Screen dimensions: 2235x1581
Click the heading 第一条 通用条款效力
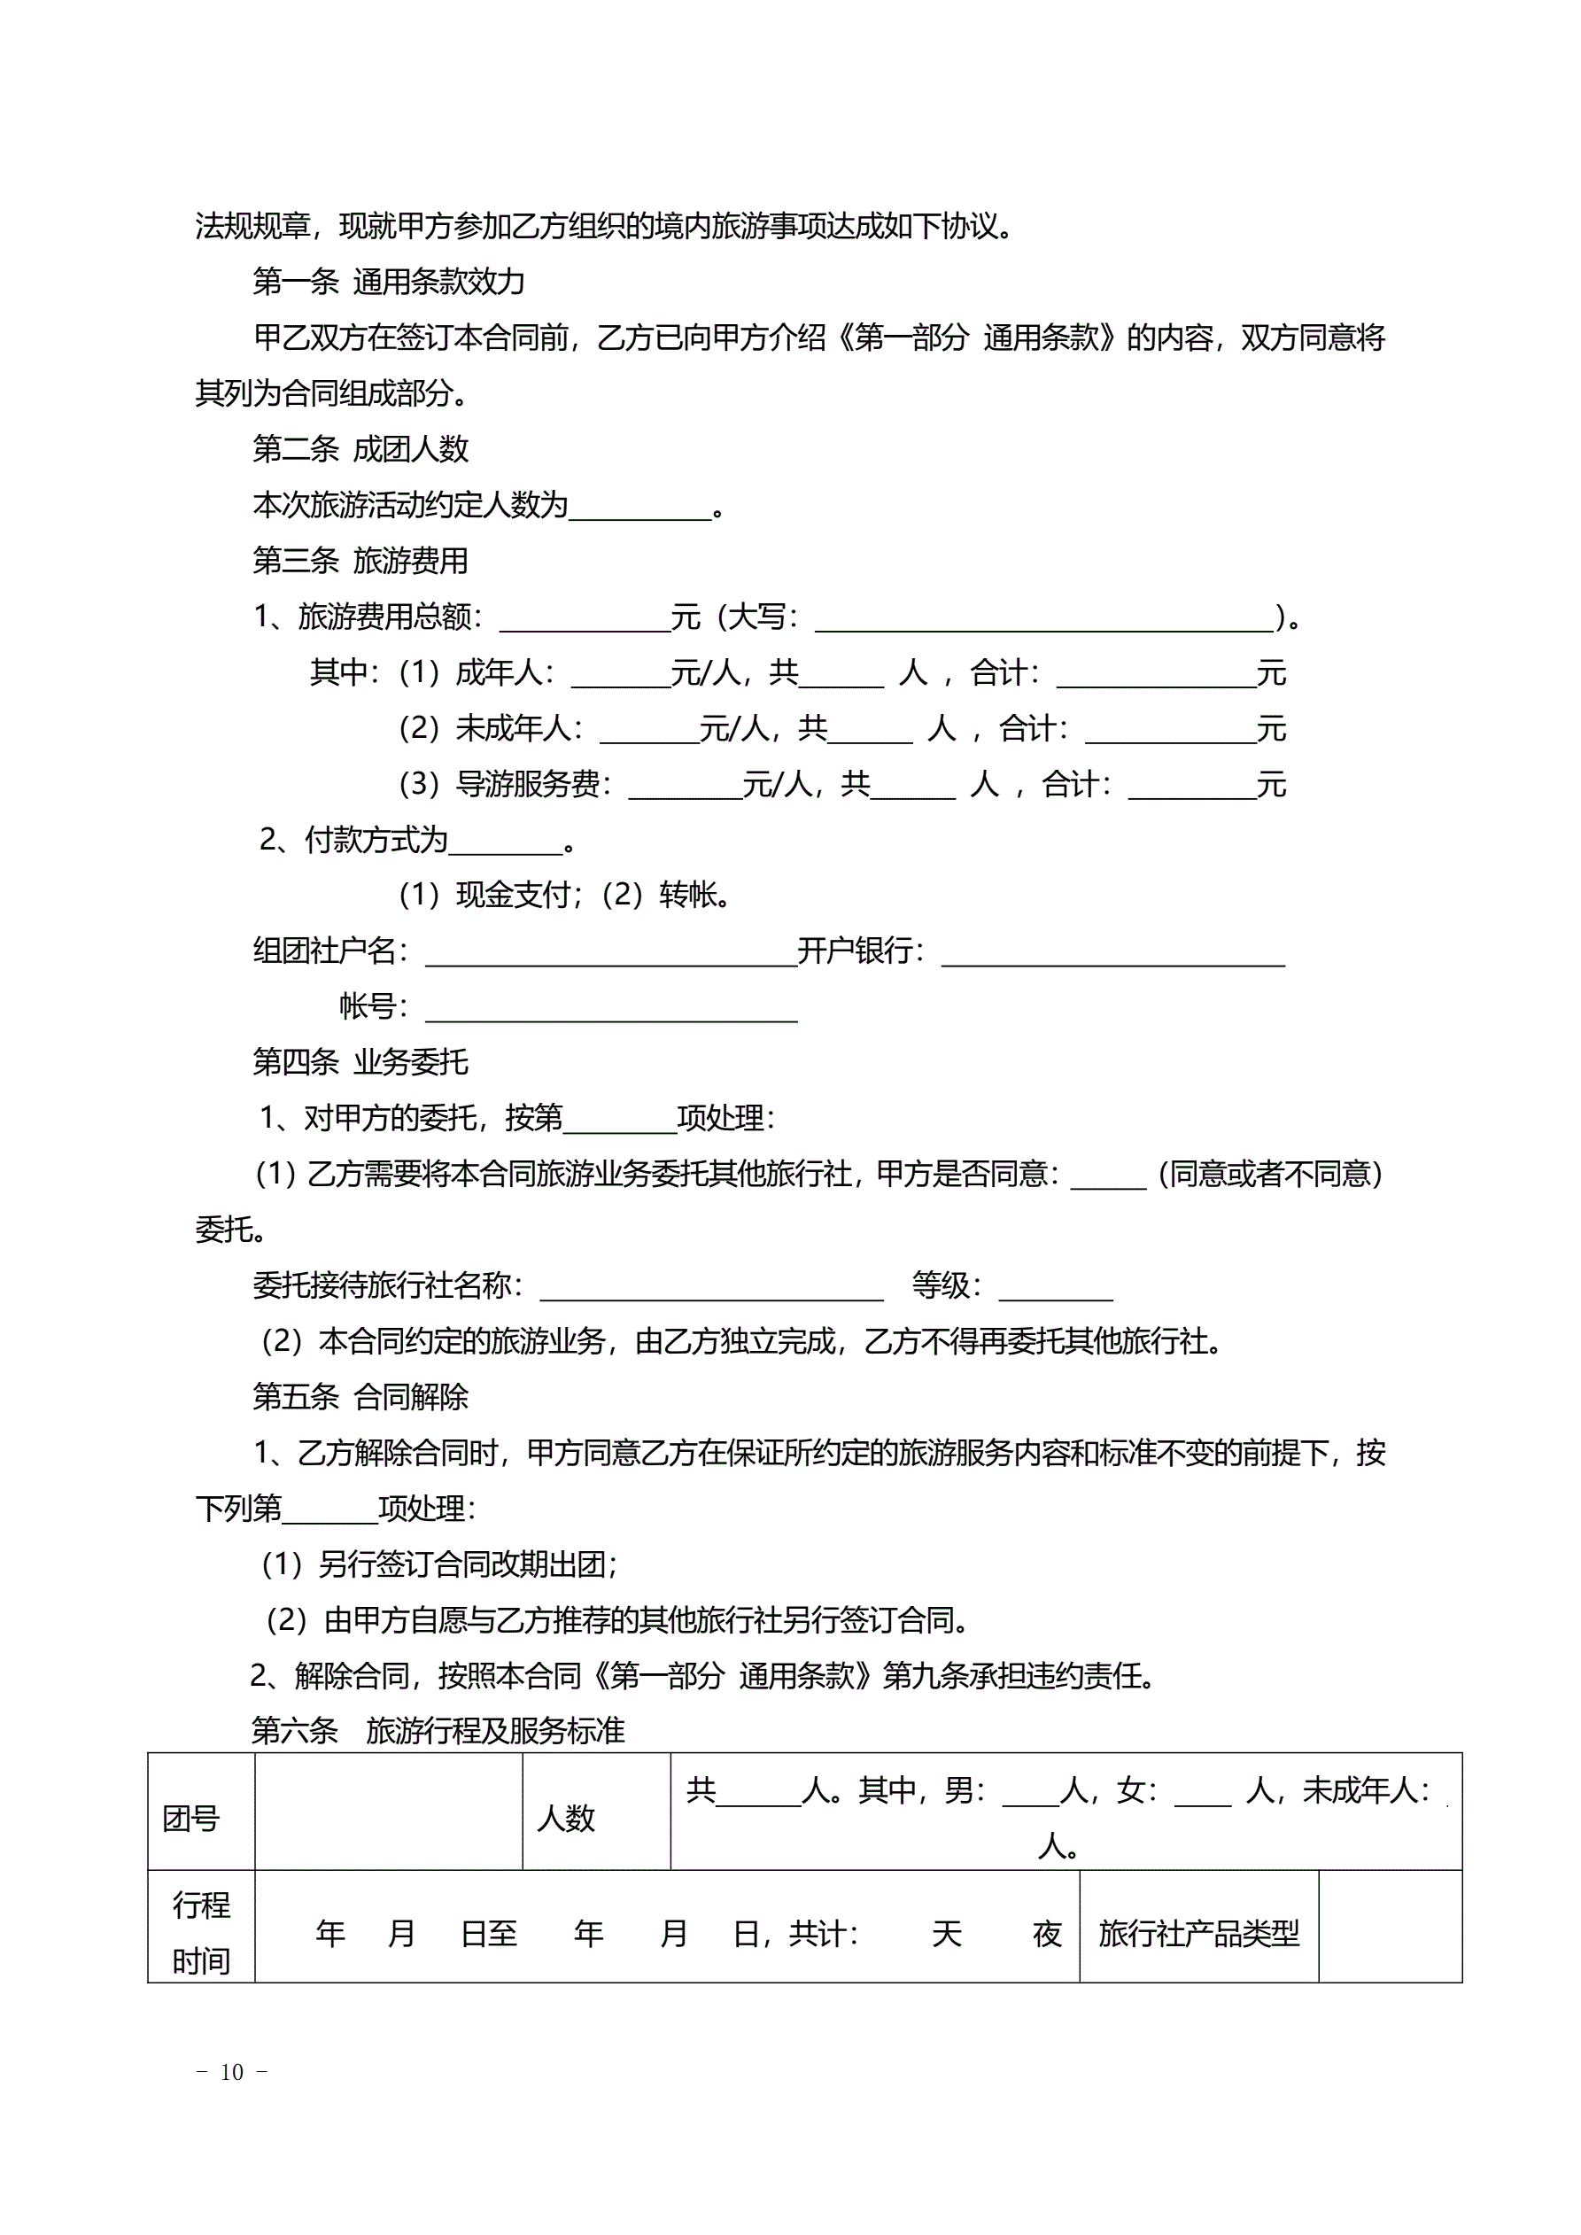point(389,283)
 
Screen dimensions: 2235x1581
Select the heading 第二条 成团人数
point(360,449)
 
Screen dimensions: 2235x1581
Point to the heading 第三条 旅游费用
point(360,561)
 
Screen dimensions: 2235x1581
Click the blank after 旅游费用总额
point(584,620)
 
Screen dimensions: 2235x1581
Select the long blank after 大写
point(1044,620)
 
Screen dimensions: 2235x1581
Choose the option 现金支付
point(513,895)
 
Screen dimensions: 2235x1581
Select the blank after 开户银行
point(1112,954)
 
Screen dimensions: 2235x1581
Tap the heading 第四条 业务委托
point(360,1062)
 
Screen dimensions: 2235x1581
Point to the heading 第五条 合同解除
point(360,1397)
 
